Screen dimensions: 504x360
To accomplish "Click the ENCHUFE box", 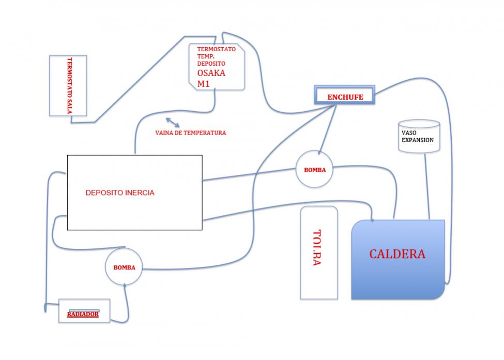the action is tap(345, 95).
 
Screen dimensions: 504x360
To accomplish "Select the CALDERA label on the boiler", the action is tap(398, 254).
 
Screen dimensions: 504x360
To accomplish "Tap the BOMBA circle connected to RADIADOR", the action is tap(124, 266).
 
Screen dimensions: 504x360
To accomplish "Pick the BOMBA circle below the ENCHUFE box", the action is tap(314, 169).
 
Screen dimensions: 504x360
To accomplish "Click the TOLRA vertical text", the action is tap(317, 247).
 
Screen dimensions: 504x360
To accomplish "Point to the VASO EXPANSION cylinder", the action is tap(419, 136).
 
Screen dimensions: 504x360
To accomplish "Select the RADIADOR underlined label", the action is tap(83, 314).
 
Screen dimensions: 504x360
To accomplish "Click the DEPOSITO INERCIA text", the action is tap(120, 193).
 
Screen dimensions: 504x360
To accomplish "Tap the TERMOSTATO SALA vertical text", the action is tap(69, 86).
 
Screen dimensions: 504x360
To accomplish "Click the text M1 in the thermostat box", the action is tap(204, 84).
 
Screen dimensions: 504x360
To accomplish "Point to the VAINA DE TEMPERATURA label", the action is tap(191, 132).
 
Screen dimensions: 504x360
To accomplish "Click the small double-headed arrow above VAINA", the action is tap(173, 123).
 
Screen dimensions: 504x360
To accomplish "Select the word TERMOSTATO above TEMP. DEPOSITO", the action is tap(216, 49).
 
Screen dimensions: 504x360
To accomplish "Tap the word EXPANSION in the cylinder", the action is tap(418, 140).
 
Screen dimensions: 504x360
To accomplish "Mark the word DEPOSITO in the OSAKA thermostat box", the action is tap(211, 64).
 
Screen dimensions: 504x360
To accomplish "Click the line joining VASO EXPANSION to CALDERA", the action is tap(427, 187).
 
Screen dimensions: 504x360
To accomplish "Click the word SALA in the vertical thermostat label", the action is tap(69, 107).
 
